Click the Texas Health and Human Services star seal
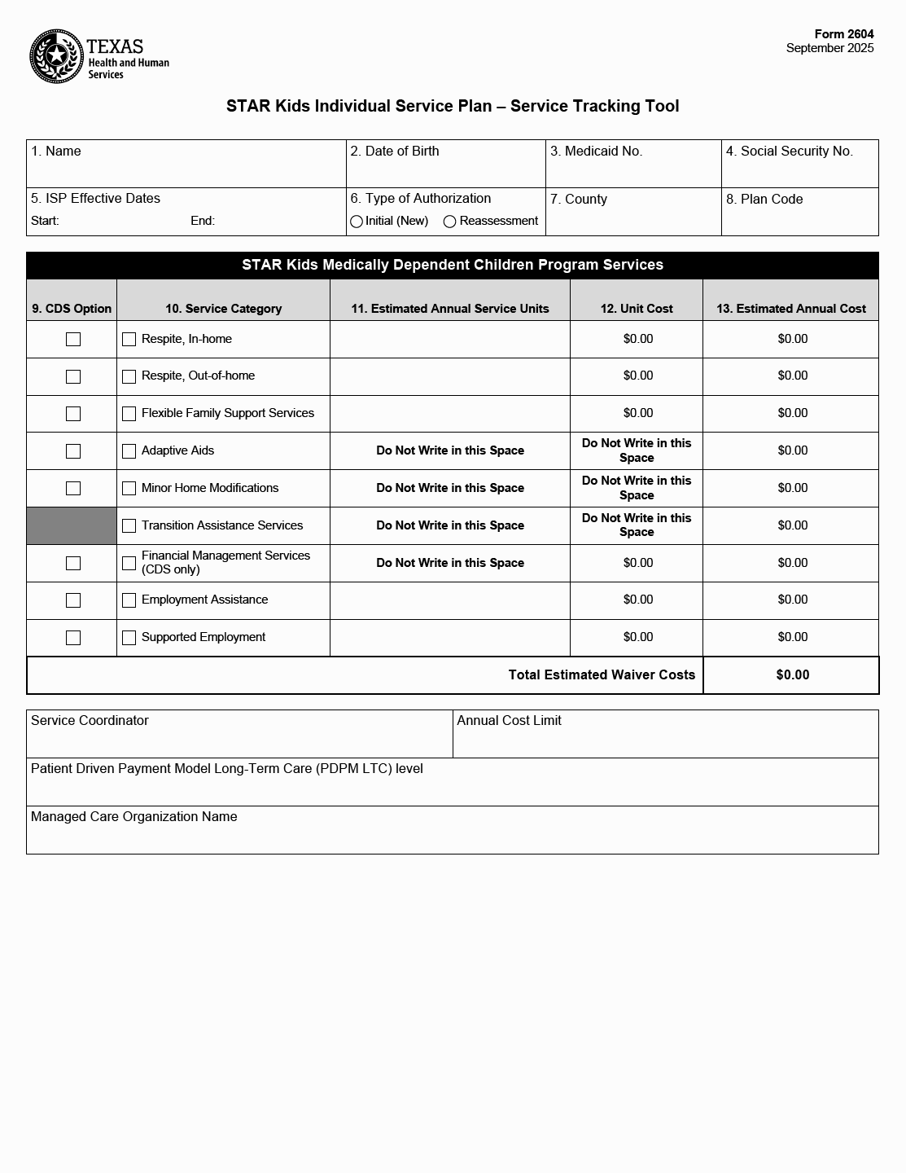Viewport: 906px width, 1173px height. pyautogui.click(x=57, y=56)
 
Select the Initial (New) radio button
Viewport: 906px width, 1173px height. pyautogui.click(x=357, y=222)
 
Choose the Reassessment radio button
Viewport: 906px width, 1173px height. pyautogui.click(x=449, y=222)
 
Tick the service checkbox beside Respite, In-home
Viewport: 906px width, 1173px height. pyautogui.click(x=129, y=340)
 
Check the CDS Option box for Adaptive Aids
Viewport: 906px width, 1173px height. pyautogui.click(x=73, y=451)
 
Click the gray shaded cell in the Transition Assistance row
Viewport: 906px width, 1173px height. pyautogui.click(x=72, y=525)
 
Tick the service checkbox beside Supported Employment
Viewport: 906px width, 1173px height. pyautogui.click(x=129, y=638)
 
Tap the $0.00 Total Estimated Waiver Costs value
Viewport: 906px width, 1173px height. pyautogui.click(x=792, y=674)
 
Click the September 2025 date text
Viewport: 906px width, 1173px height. pyautogui.click(x=829, y=48)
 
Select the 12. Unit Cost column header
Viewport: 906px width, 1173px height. pyautogui.click(x=637, y=309)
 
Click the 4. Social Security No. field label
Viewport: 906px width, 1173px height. pyautogui.click(x=789, y=152)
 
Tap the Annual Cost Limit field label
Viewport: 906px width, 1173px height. pyautogui.click(x=509, y=721)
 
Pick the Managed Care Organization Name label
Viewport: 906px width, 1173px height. pyautogui.click(x=134, y=817)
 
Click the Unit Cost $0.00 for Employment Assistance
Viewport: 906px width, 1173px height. pyautogui.click(x=637, y=600)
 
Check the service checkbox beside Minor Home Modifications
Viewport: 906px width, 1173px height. pyautogui.click(x=129, y=489)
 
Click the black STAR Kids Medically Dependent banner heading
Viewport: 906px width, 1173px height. pyautogui.click(x=453, y=265)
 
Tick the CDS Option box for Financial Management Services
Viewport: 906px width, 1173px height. pyautogui.click(x=73, y=564)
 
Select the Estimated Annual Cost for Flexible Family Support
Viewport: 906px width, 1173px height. pyautogui.click(x=792, y=413)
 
